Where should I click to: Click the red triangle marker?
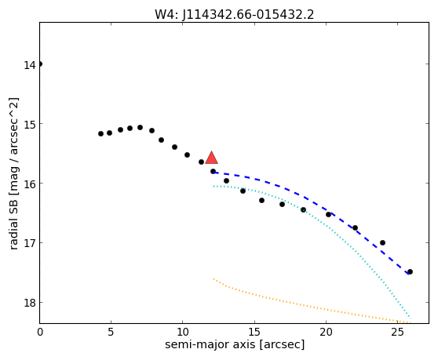click(211, 158)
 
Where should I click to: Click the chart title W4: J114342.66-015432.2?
click(235, 15)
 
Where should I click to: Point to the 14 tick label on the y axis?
click(30, 65)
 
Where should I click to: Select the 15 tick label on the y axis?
click(30, 125)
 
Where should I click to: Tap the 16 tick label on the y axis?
click(30, 184)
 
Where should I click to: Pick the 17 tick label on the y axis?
click(30, 244)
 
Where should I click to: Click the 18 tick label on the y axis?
click(30, 304)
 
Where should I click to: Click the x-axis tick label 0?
click(40, 332)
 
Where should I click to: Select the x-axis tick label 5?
click(111, 332)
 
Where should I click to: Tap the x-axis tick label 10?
click(183, 332)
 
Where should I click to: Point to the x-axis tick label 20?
click(326, 332)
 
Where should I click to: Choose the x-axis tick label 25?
click(397, 332)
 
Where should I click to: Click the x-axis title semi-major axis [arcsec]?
click(235, 344)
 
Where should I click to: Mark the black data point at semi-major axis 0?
click(40, 64)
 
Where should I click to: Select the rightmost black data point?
click(410, 271)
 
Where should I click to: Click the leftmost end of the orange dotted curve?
click(214, 278)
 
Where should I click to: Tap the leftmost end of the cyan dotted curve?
click(214, 186)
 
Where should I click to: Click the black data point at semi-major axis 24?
click(383, 243)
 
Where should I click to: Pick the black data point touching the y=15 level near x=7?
click(141, 127)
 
